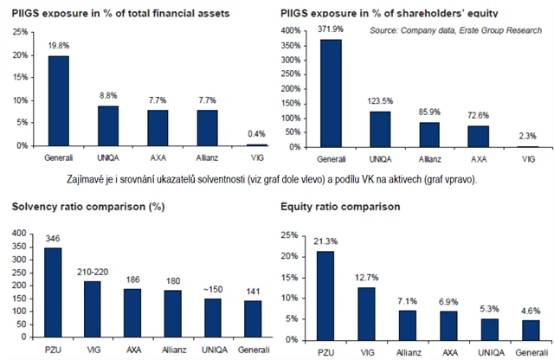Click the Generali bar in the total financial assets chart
58,100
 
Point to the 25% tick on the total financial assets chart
17,31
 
